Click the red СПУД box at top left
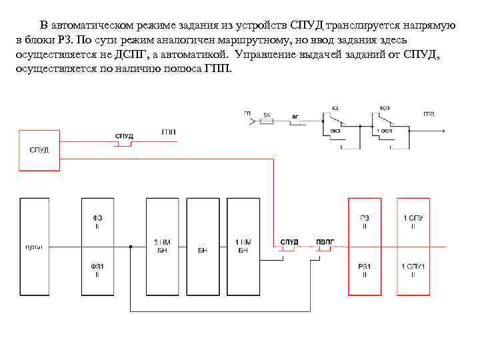pos(39,149)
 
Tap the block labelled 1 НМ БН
pos(243,246)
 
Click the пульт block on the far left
pos(34,246)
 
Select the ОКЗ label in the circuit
pos(335,131)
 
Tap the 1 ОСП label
pos(385,131)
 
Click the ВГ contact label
pos(295,115)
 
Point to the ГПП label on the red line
pos(169,133)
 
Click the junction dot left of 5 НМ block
pos(131,247)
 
